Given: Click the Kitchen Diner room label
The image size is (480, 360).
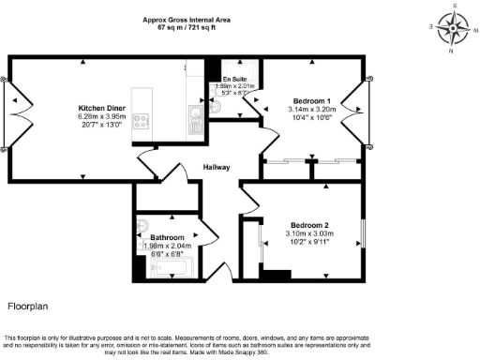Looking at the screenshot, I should click(x=97, y=108).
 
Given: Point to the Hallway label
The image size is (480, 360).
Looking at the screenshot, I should click(x=217, y=168).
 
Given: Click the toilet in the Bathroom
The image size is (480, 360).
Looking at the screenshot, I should click(x=142, y=226).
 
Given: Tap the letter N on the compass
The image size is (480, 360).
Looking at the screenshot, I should click(x=452, y=51).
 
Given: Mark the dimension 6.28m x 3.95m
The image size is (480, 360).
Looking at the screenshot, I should click(x=97, y=117).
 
